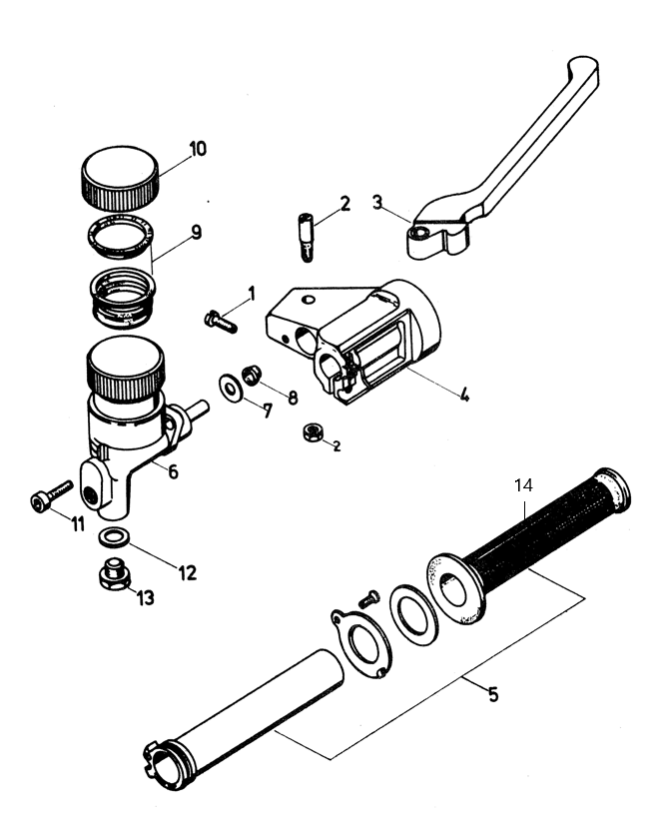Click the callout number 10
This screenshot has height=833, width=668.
pyautogui.click(x=198, y=149)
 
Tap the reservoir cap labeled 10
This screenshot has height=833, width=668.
pyautogui.click(x=120, y=178)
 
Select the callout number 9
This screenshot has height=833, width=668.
pyautogui.click(x=197, y=232)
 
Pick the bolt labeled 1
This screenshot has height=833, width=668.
pyautogui.click(x=221, y=322)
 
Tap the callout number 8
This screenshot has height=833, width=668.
pyautogui.click(x=293, y=398)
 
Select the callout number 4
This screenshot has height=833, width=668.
pyautogui.click(x=464, y=395)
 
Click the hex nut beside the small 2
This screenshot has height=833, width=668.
pyautogui.click(x=314, y=431)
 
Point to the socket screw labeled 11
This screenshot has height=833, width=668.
pyautogui.click(x=51, y=495)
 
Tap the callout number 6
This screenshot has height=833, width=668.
pyautogui.click(x=173, y=471)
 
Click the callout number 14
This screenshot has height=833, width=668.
pyautogui.click(x=523, y=485)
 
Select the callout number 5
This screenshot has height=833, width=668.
pyautogui.click(x=493, y=694)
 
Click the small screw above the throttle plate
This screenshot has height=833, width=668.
pyautogui.click(x=369, y=599)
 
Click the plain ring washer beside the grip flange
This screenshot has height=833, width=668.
pyautogui.click(x=414, y=615)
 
